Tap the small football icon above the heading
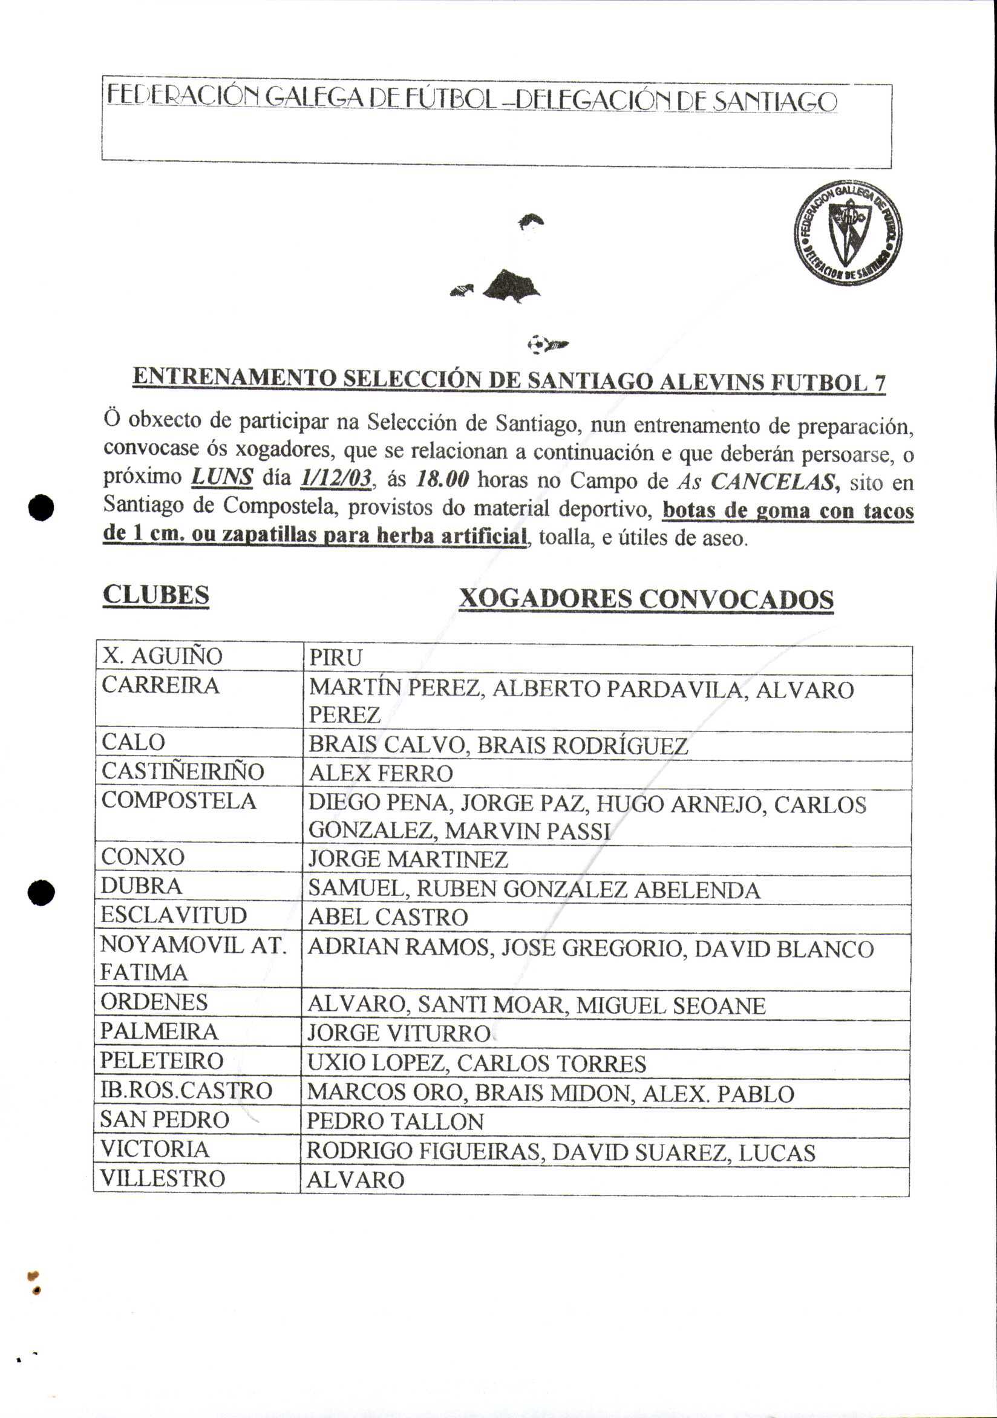pyautogui.click(x=538, y=344)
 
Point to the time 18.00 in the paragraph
pyautogui.click(x=443, y=479)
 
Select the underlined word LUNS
pyautogui.click(x=223, y=477)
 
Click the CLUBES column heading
pyautogui.click(x=155, y=595)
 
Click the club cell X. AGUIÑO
pyautogui.click(x=162, y=656)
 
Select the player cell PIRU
pyautogui.click(x=335, y=658)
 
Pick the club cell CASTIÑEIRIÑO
pyautogui.click(x=183, y=771)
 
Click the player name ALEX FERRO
pyautogui.click(x=381, y=773)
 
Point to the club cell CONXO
pyautogui.click(x=143, y=857)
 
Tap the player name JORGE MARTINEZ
pyautogui.click(x=408, y=859)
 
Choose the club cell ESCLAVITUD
pyautogui.click(x=174, y=915)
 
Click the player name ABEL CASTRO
pyautogui.click(x=388, y=917)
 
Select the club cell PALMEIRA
pyautogui.click(x=159, y=1031)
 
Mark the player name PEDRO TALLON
pyautogui.click(x=395, y=1122)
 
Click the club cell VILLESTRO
pyautogui.click(x=163, y=1178)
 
